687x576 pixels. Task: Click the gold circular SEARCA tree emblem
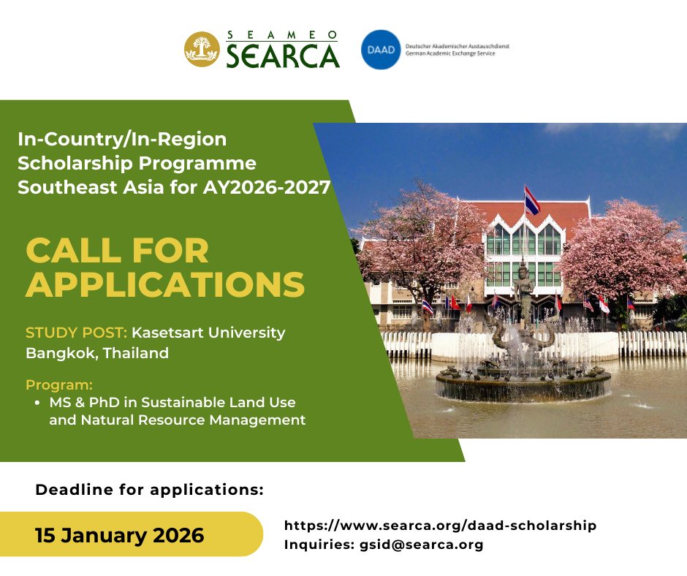coord(202,50)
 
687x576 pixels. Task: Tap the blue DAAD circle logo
coord(381,50)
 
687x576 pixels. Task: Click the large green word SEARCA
coord(283,56)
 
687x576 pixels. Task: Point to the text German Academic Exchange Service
coord(450,53)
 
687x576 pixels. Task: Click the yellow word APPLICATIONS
coord(165,284)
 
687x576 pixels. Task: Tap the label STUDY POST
coord(76,333)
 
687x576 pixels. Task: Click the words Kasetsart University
coord(208,333)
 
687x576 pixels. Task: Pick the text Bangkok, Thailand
coord(97,353)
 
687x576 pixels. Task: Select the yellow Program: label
coord(59,385)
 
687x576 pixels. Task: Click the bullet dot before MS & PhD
coord(38,403)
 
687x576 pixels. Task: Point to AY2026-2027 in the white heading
coord(267,187)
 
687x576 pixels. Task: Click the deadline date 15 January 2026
coord(120,535)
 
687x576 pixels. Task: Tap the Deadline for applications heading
coord(149,490)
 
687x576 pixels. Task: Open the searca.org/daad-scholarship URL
coord(440,525)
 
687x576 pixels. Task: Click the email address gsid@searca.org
coord(422,545)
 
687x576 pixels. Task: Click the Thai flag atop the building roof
coord(531,201)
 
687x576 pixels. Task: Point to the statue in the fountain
coord(523,287)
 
